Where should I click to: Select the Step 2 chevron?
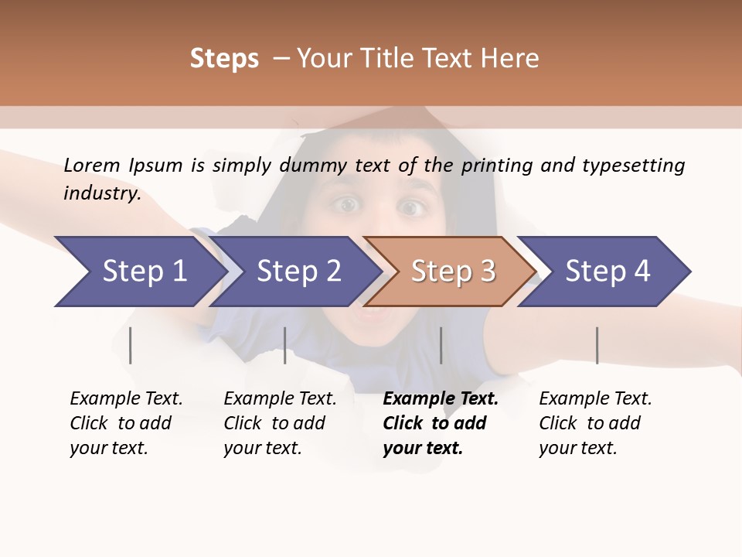coord(298,272)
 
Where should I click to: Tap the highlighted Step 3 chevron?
coord(453,272)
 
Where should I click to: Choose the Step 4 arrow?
coord(608,272)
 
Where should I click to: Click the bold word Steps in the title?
coord(224,59)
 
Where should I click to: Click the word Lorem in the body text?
coord(92,166)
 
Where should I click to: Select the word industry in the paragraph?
coord(102,193)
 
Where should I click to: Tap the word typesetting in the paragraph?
coord(633,166)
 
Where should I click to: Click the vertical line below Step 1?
coord(131,345)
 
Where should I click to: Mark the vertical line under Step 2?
coord(285,345)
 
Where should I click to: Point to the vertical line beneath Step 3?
coord(441,345)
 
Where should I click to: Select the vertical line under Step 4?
coord(597,345)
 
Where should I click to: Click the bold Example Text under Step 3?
coord(441,399)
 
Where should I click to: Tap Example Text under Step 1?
coord(126,399)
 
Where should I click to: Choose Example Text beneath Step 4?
coord(595,399)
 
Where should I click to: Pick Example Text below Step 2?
coord(280,399)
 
